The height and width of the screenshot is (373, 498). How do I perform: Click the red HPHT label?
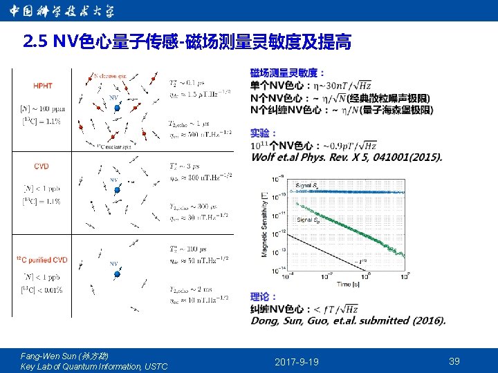pyautogui.click(x=43, y=86)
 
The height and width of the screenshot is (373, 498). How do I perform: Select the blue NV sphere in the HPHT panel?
pyautogui.click(x=117, y=108)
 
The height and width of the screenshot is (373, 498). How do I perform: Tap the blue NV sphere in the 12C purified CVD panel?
pyautogui.click(x=117, y=274)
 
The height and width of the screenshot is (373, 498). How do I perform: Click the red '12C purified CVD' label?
pyautogui.click(x=42, y=260)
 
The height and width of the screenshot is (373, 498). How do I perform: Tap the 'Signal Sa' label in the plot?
pyautogui.click(x=307, y=186)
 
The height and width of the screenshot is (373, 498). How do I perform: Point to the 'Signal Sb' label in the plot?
pyautogui.click(x=308, y=220)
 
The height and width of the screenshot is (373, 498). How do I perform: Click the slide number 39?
pyautogui.click(x=454, y=361)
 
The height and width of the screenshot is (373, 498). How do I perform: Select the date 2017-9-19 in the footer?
pyautogui.click(x=297, y=362)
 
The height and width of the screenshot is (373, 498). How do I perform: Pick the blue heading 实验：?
pyautogui.click(x=264, y=133)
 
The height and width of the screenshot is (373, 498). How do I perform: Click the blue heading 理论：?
pyautogui.click(x=264, y=296)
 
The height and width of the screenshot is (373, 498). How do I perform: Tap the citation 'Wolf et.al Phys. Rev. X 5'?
pyautogui.click(x=346, y=157)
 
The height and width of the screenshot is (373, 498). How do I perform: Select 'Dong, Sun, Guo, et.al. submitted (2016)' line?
pyautogui.click(x=348, y=321)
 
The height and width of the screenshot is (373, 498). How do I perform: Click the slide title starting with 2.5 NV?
pyautogui.click(x=187, y=44)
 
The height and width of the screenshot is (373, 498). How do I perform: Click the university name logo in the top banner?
pyautogui.click(x=62, y=11)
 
